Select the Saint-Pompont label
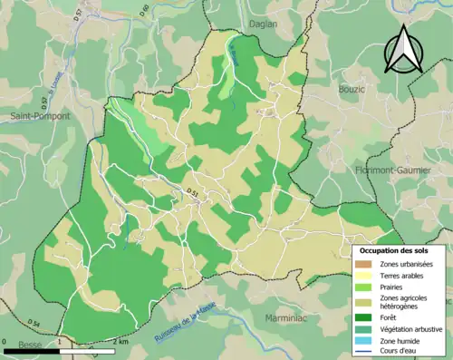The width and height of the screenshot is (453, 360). click(x=40, y=117)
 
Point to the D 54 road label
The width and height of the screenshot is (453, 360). click(x=34, y=323)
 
